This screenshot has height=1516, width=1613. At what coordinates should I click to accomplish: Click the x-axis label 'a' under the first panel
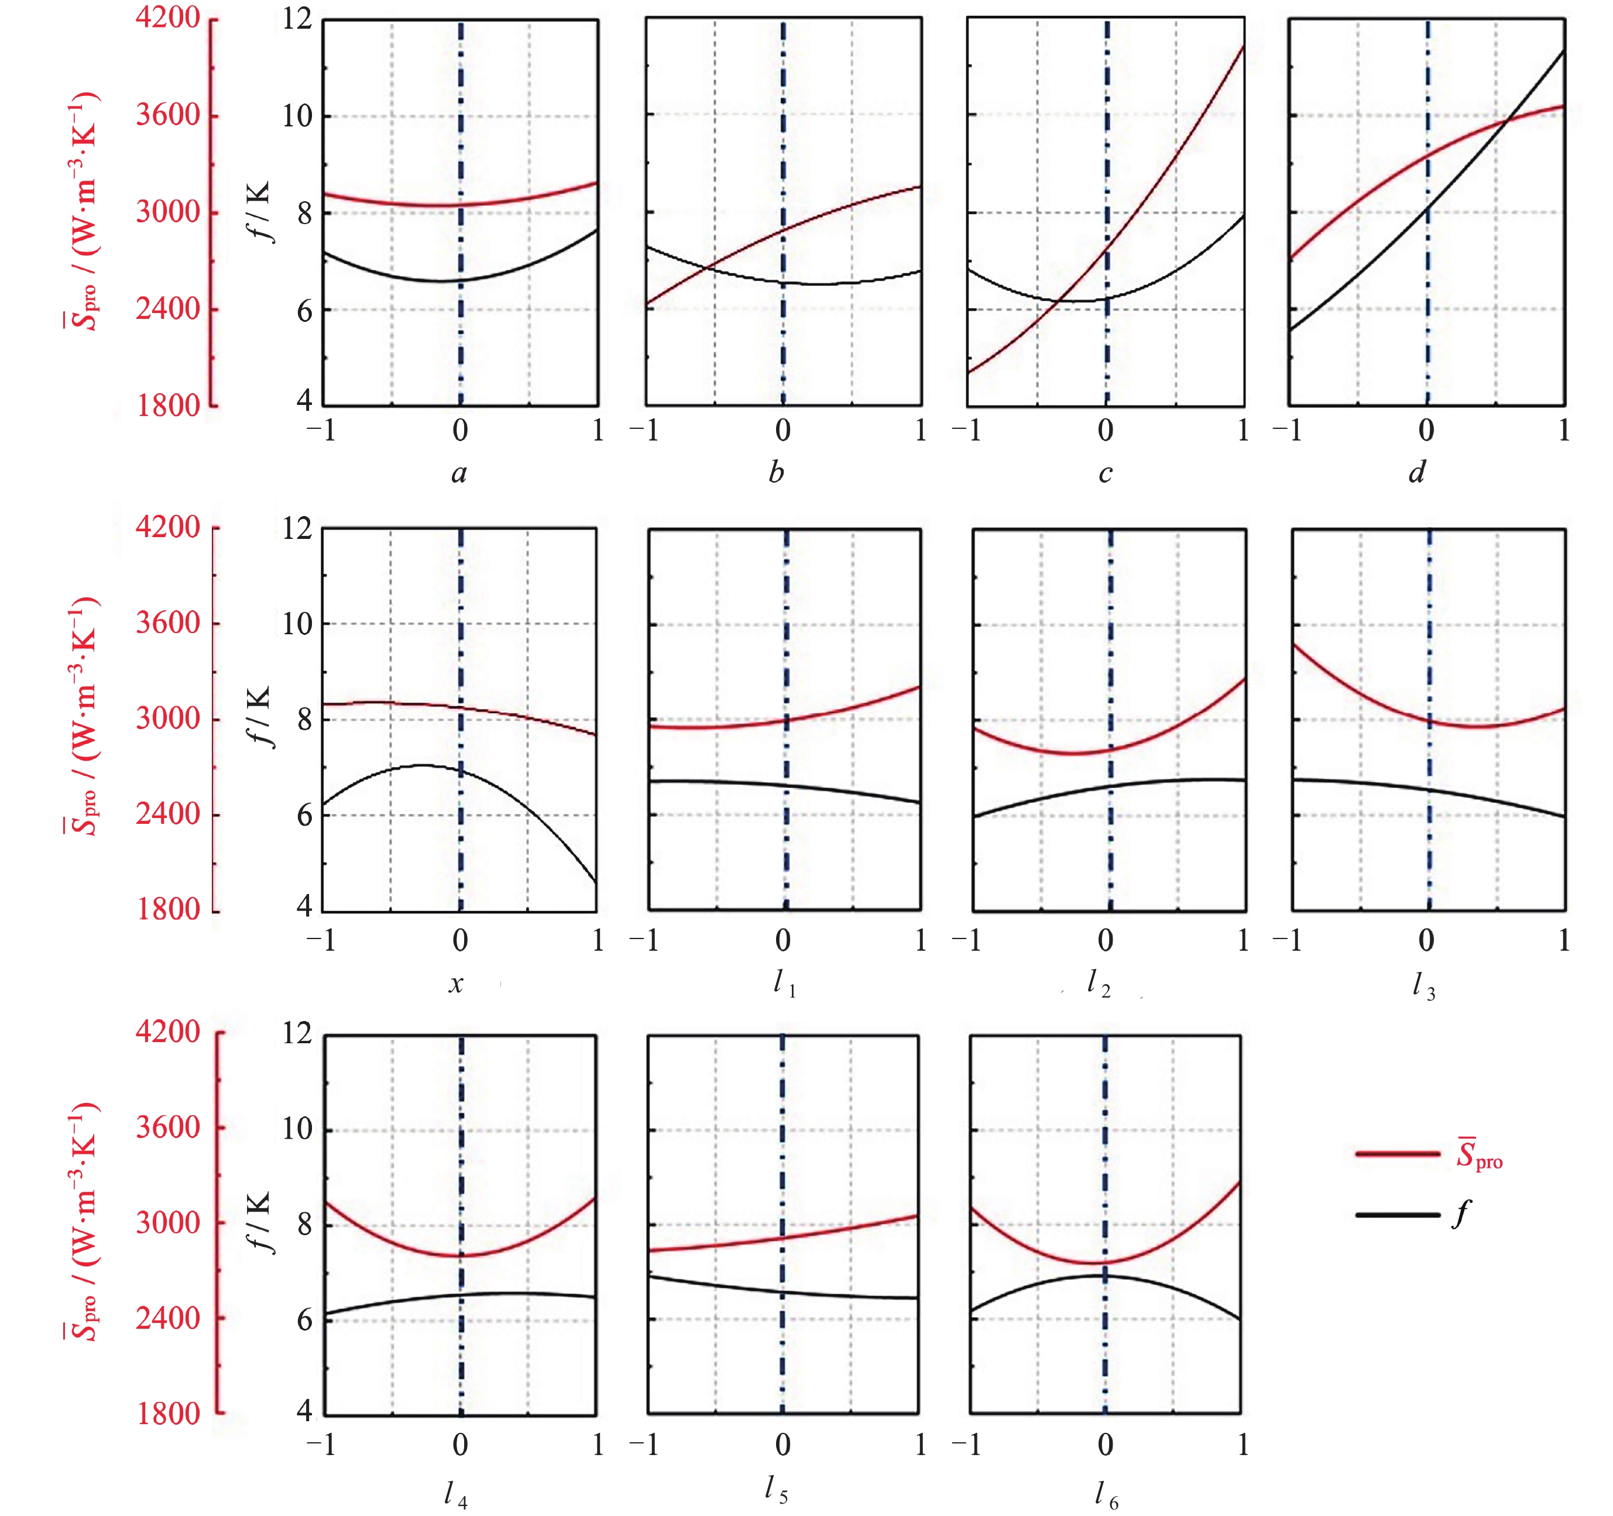(x=459, y=473)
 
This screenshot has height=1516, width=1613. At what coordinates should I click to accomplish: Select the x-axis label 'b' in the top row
(x=777, y=473)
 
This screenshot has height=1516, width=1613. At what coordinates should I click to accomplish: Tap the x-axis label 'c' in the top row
(x=1105, y=473)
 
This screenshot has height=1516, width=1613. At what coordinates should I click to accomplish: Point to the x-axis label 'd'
(x=1417, y=472)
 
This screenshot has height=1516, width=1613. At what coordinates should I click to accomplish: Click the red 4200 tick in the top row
(x=167, y=17)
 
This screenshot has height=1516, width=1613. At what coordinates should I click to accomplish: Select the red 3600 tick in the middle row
(x=167, y=623)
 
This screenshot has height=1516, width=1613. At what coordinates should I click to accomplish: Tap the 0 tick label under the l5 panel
(x=782, y=1445)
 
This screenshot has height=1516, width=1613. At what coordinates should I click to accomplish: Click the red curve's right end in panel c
(x=1242, y=47)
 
